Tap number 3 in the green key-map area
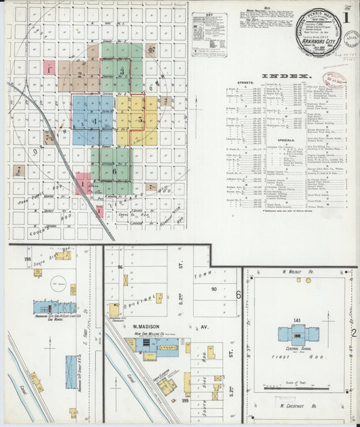click(x=122, y=70)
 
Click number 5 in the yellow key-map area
click(x=140, y=119)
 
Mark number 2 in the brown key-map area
click(x=80, y=75)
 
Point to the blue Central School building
click(x=298, y=333)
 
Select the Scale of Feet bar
click(x=298, y=388)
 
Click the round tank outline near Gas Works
click(x=59, y=286)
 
